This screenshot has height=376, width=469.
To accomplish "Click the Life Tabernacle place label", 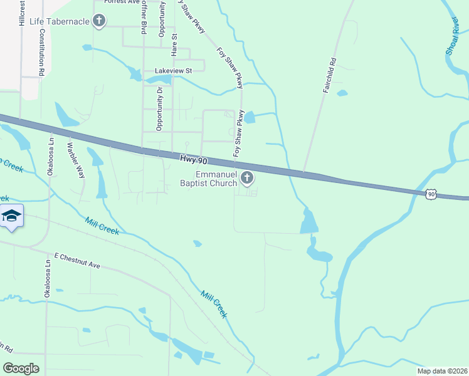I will click(60, 21).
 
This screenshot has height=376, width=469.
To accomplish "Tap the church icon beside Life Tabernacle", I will click(98, 21).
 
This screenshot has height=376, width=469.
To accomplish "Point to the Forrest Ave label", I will click(122, 2).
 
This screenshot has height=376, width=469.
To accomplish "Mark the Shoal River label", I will click(453, 36).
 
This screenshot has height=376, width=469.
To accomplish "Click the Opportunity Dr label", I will click(159, 109).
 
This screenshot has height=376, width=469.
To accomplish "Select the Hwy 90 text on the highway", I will click(193, 160).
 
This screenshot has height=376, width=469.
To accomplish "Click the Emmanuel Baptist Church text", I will click(216, 179).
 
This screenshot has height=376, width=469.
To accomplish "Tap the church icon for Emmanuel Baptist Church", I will click(247, 179).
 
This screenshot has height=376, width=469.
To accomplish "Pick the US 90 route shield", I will click(431, 195).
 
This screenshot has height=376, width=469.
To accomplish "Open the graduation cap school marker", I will click(11, 217).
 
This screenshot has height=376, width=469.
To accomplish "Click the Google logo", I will click(21, 368).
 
